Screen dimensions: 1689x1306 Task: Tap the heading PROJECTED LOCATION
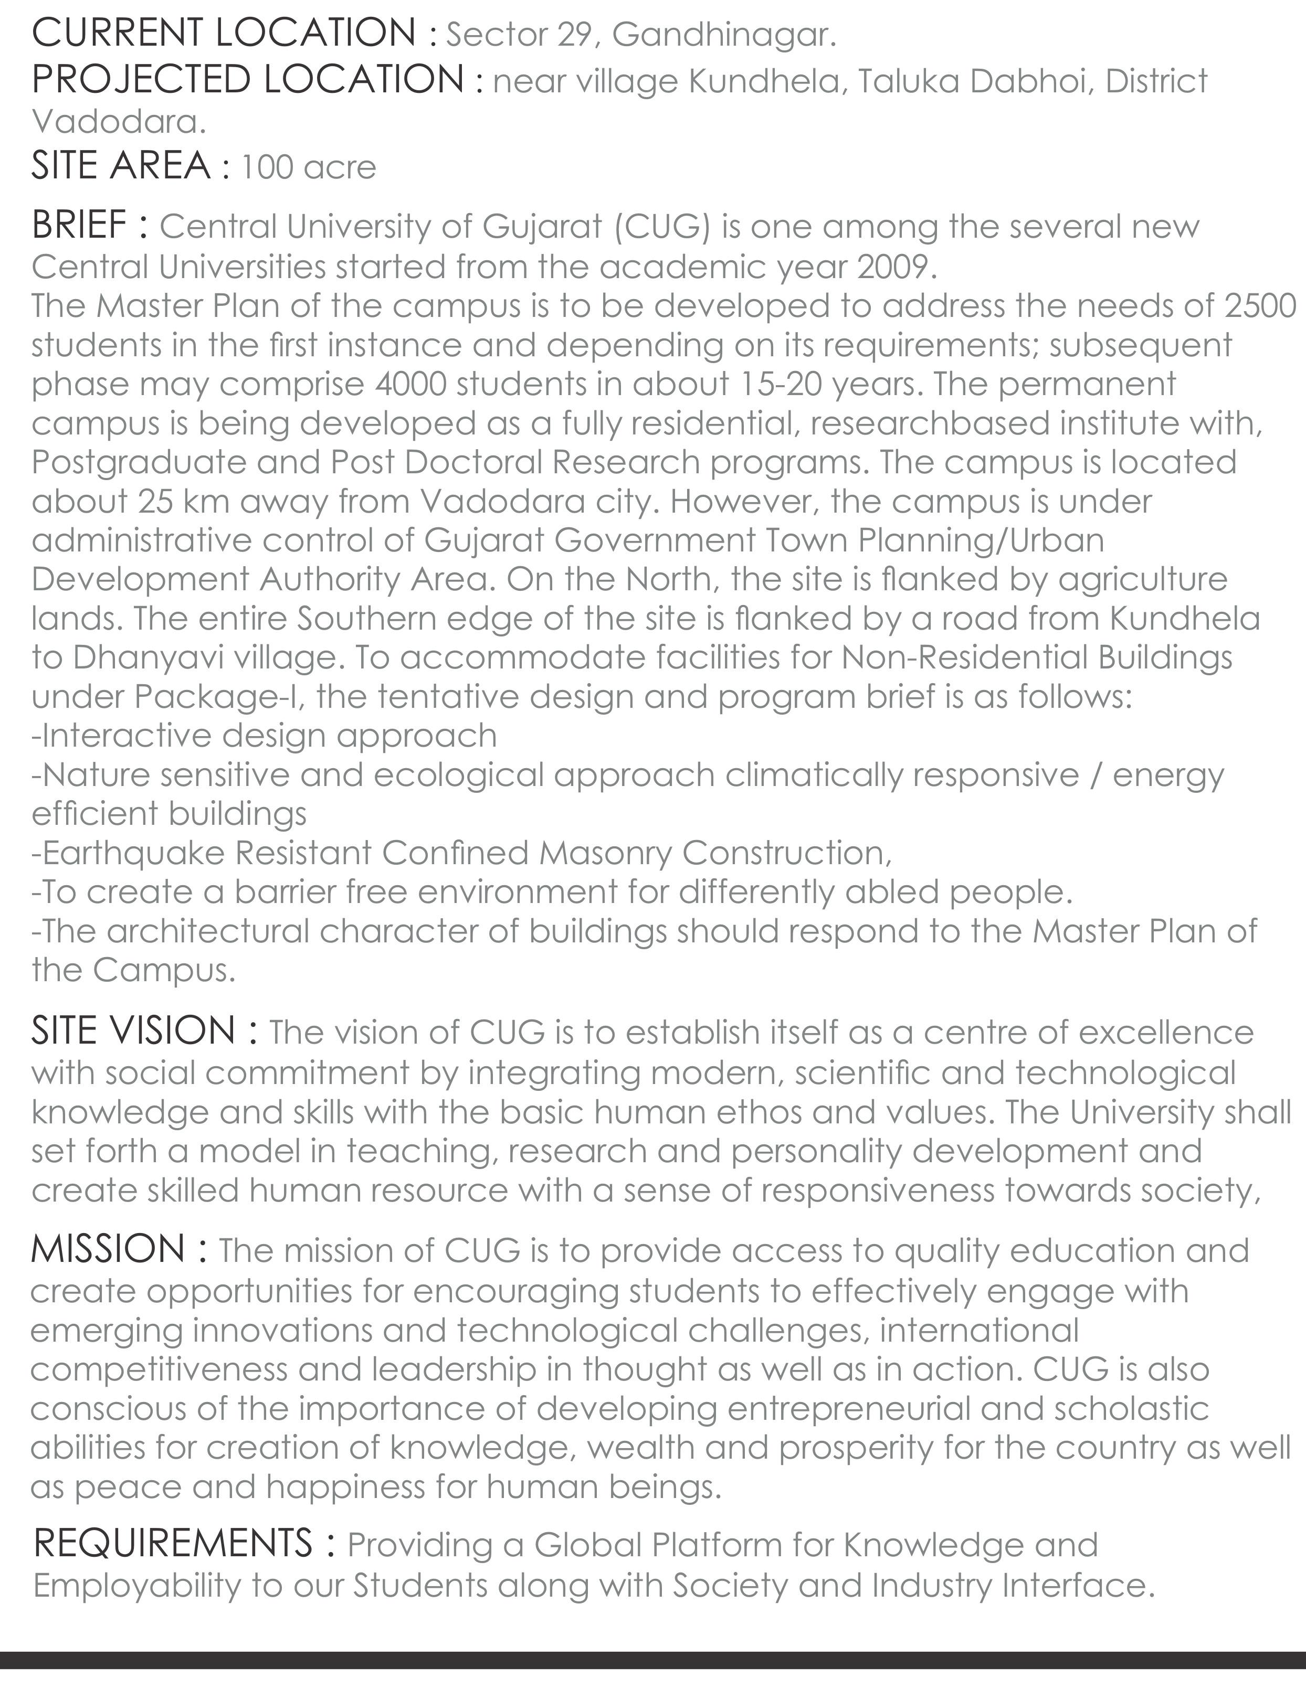pos(248,80)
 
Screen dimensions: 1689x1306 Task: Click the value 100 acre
pos(308,167)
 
